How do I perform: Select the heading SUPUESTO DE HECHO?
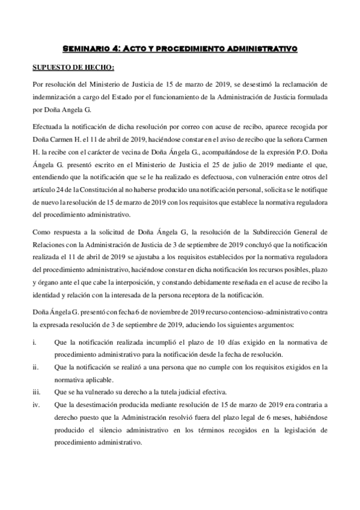68,67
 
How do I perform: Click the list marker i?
35,342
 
